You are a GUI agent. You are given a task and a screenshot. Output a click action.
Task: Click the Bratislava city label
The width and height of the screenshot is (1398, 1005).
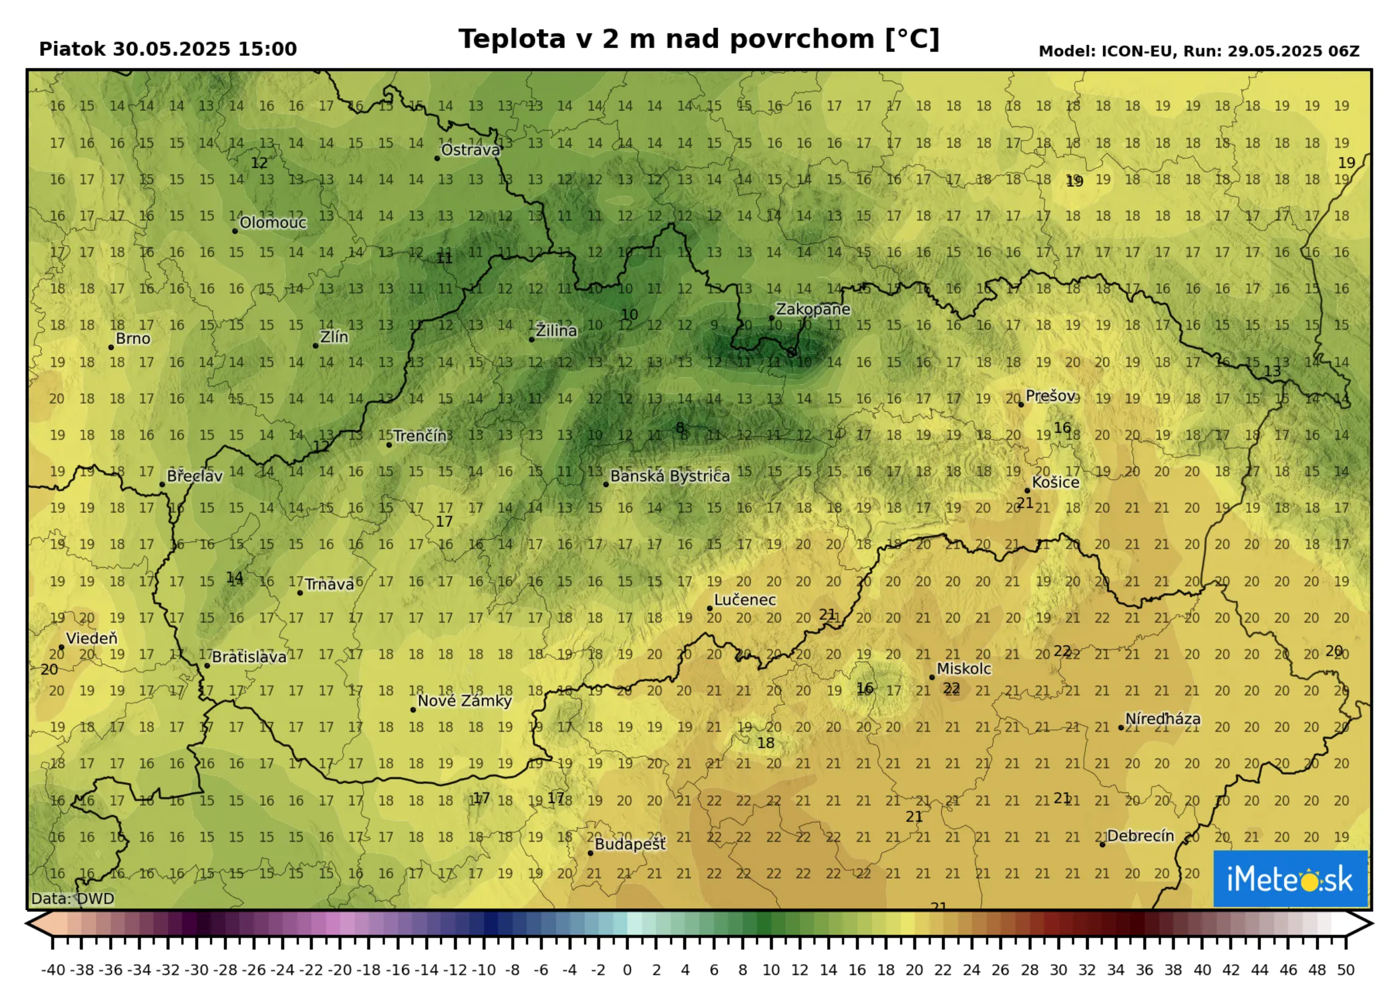249,657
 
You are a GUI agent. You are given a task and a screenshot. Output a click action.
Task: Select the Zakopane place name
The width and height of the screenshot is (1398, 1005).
813,309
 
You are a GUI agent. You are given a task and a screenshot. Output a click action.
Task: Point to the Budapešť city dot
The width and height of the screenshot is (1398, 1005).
591,853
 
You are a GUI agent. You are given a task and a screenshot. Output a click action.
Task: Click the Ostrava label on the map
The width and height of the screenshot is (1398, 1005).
470,150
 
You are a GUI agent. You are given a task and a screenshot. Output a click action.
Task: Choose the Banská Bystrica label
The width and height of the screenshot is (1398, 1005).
670,476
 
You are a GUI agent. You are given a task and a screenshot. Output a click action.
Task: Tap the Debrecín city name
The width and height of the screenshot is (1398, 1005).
1140,836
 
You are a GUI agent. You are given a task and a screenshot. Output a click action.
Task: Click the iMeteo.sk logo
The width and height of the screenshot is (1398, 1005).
1290,879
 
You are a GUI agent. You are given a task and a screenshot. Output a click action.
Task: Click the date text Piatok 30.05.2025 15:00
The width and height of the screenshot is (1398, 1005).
168,49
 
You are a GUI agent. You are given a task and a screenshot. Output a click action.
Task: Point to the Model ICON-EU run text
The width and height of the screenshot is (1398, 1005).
1199,51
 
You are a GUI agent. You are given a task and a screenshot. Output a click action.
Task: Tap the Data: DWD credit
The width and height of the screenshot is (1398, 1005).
73,898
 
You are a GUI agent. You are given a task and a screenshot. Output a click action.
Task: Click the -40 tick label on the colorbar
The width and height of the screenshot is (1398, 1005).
53,970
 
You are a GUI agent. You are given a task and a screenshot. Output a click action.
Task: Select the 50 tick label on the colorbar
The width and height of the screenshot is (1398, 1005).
1345,970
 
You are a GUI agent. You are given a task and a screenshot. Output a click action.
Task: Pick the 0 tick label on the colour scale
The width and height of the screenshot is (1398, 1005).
627,970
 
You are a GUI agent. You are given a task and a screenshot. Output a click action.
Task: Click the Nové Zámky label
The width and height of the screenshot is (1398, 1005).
465,701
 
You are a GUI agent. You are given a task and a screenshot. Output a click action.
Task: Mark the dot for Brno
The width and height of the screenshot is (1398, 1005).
111,347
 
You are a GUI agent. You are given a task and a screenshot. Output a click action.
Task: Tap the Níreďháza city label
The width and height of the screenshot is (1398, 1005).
1163,719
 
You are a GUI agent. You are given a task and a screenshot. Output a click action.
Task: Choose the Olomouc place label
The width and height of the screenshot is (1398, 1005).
273,223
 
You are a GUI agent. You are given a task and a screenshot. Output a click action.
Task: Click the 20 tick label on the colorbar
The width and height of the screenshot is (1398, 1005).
915,970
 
